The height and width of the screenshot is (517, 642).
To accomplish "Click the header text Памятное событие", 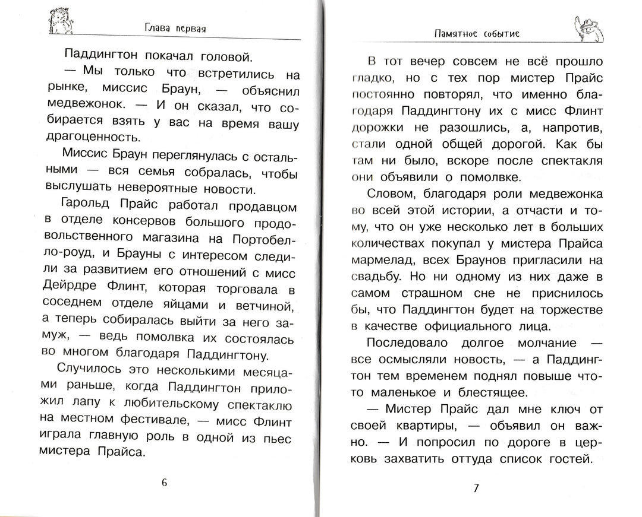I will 477,34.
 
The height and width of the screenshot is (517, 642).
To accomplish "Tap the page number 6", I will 164,482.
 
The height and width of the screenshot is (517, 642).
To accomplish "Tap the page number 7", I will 475,489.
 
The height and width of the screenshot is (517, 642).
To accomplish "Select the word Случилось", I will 96,372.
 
